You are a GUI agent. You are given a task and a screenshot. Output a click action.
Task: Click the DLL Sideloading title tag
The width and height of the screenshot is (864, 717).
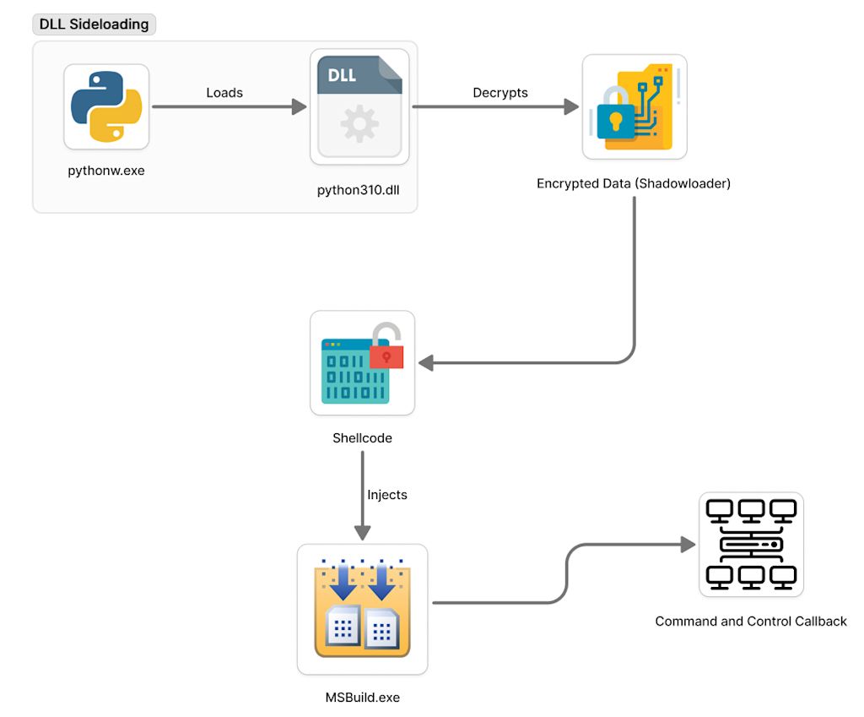pos(94,24)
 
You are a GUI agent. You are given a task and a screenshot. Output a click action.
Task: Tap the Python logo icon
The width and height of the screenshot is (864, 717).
pos(106,106)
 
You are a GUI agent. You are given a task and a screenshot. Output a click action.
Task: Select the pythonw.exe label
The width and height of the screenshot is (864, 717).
pos(106,171)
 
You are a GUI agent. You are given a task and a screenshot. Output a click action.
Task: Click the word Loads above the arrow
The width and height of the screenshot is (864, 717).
pos(224,93)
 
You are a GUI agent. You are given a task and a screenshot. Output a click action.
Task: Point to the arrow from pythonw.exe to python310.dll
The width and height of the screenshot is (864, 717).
pos(228,107)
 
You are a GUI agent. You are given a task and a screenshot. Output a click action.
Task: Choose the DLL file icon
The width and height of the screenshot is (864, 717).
pos(359,106)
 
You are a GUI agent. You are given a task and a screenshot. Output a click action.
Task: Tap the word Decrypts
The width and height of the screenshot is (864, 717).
pos(500,93)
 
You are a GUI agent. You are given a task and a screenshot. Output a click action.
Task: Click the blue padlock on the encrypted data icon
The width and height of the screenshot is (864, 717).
pos(615,118)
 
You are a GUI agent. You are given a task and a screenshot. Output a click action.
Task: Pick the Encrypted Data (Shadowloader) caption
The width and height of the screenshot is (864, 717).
pos(634,183)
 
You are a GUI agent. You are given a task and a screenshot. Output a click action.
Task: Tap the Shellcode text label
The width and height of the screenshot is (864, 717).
pos(362,438)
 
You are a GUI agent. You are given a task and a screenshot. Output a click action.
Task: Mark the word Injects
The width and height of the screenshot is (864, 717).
pos(387,495)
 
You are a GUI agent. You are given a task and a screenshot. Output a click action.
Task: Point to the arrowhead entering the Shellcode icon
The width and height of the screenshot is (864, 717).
pos(426,363)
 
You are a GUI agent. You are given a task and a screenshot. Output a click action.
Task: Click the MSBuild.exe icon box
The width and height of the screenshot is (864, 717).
pos(362,609)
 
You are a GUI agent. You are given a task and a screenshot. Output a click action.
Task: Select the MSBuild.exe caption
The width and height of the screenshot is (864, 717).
pos(362,697)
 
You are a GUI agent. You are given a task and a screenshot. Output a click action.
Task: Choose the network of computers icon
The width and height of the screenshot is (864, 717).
pos(751,545)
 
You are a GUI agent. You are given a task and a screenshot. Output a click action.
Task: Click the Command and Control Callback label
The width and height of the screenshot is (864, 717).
pos(751,622)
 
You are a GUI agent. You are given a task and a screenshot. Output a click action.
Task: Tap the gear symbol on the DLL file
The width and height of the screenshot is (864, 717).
pos(359,125)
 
